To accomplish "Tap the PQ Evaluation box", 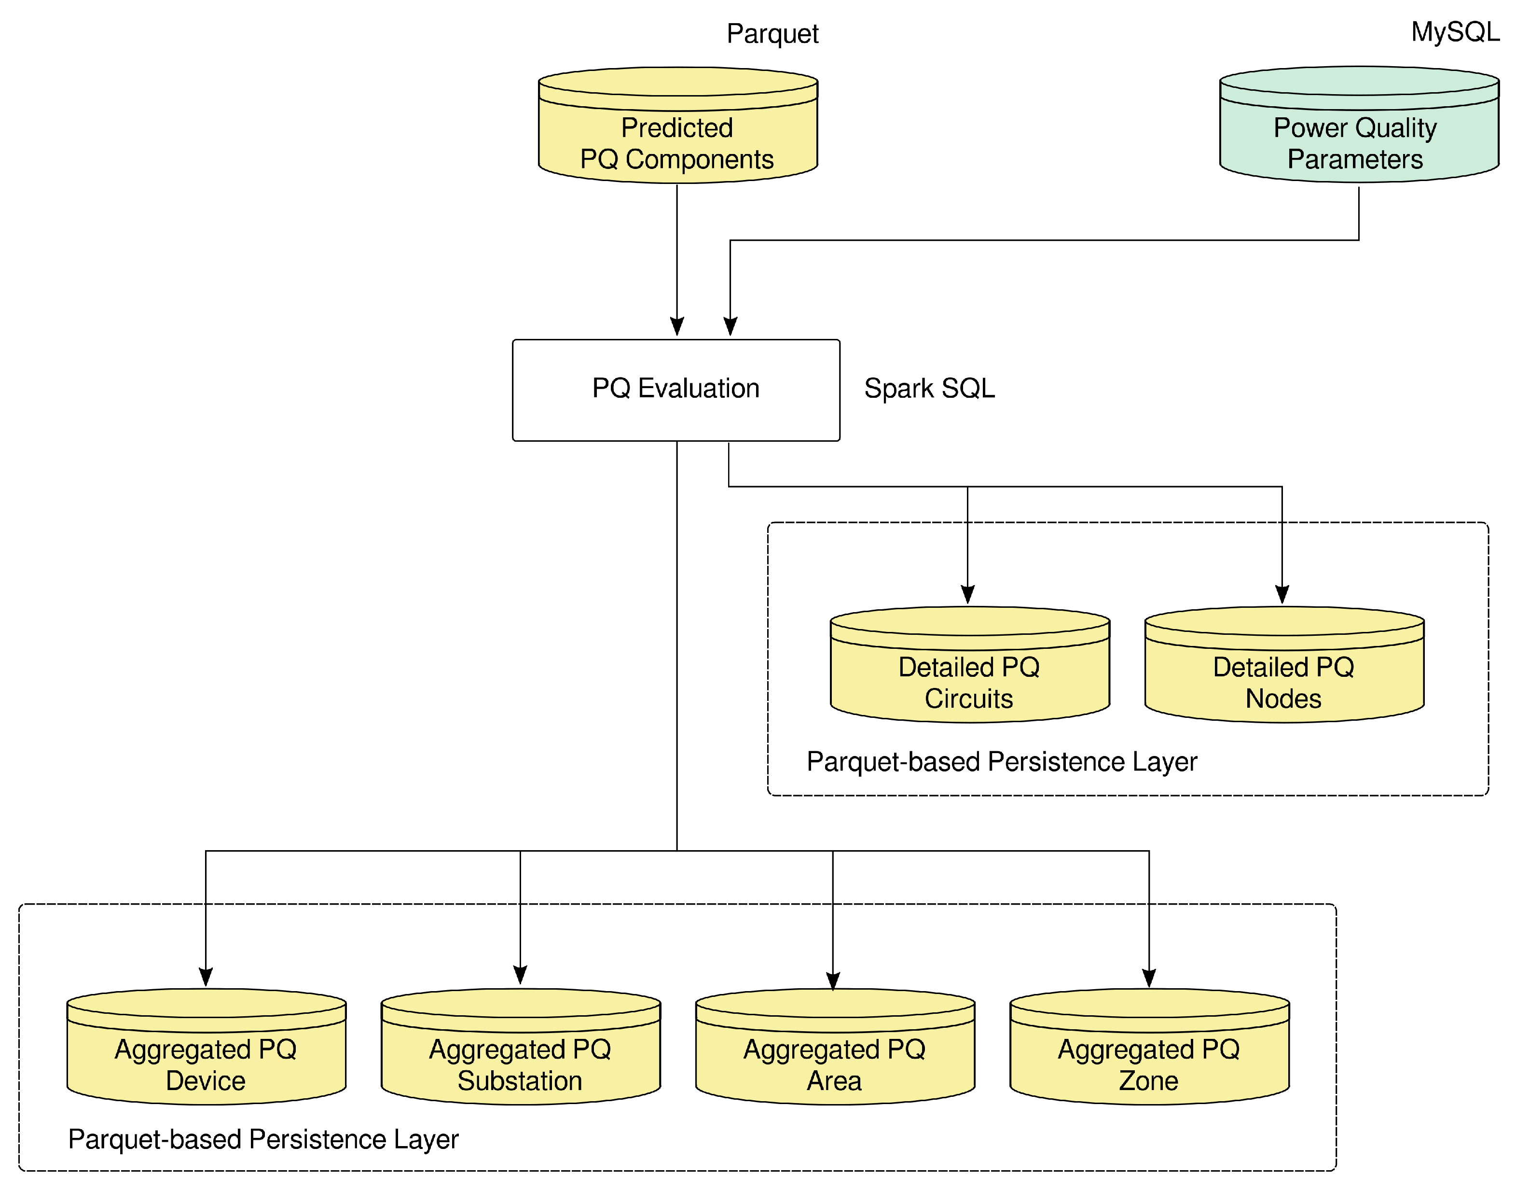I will pos(675,390).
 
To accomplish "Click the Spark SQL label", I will pos(929,389).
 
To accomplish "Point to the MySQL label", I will pos(1455,32).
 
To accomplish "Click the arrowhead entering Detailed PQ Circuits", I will pos(967,594).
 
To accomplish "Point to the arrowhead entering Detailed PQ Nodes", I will pos(1282,594).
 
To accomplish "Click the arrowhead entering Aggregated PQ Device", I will pos(206,976).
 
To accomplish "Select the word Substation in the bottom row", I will pos(520,1080).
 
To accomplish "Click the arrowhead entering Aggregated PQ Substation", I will pos(520,974).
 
